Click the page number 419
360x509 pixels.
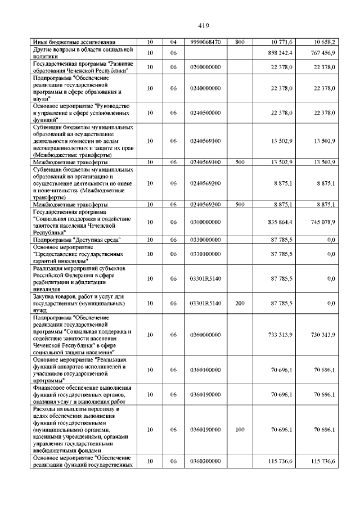(204, 25)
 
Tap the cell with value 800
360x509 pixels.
(239, 42)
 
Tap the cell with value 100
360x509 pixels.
(239, 429)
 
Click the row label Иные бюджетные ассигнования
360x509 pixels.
(74, 42)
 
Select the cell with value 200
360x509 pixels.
(239, 303)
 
